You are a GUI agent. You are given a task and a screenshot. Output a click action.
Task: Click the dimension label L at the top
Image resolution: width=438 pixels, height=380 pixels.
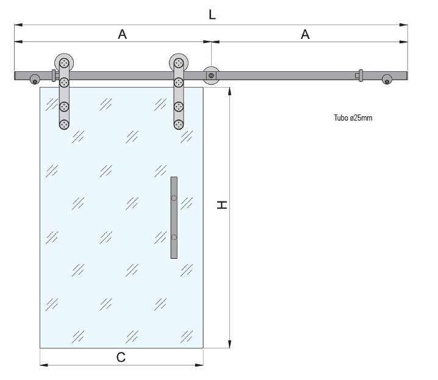point(212,15)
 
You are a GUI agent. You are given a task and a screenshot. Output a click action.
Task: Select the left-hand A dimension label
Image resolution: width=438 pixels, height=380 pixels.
point(122,35)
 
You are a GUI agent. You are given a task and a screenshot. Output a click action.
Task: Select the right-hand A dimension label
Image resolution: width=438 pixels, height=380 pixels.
point(305,35)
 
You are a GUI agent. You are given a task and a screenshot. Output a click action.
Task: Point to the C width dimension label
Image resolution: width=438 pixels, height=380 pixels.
point(121,357)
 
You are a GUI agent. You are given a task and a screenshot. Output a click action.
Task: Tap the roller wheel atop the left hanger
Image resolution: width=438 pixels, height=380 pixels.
point(63,62)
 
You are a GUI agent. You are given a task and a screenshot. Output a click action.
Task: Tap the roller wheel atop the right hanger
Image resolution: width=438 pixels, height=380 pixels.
point(178,62)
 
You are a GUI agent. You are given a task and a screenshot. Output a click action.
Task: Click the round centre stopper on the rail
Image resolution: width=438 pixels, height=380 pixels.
point(211,76)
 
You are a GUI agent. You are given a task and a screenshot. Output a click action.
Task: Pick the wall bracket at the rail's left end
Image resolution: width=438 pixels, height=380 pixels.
point(35,80)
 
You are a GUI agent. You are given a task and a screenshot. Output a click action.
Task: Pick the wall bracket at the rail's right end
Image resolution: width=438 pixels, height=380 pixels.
point(387,80)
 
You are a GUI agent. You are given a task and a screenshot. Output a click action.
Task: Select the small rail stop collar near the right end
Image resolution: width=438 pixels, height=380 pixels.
point(360,76)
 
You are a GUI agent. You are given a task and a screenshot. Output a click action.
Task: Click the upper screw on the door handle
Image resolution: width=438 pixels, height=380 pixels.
point(174,198)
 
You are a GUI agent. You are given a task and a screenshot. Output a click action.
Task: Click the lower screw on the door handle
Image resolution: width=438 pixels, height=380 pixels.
point(174,237)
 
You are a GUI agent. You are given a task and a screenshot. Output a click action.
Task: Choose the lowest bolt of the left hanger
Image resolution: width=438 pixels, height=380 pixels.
point(63,124)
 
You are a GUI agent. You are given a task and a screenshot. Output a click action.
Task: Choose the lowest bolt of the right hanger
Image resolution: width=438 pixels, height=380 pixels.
point(178,124)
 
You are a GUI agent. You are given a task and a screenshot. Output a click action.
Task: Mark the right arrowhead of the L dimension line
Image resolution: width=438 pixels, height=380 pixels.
point(405,25)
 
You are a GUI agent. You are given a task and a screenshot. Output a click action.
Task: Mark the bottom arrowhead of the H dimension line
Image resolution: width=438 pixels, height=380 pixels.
point(230,345)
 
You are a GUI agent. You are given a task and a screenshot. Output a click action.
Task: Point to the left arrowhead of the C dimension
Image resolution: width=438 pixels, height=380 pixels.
point(43,365)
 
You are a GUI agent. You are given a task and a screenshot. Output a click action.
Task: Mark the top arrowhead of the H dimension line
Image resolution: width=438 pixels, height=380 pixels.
point(230,90)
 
